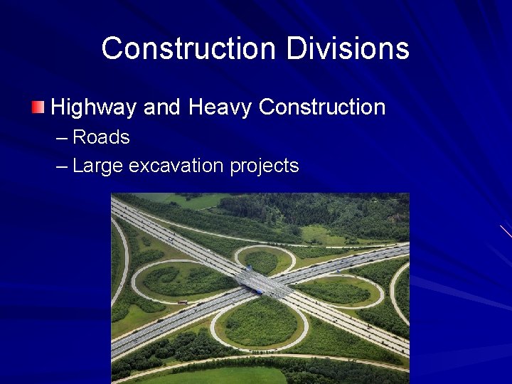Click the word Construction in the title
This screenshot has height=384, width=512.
(188, 48)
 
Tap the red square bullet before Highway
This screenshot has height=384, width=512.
(38, 108)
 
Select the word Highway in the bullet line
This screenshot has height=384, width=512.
(95, 107)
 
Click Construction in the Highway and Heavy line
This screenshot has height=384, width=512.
(321, 107)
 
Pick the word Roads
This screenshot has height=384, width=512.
(101, 137)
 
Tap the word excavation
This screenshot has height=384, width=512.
(177, 166)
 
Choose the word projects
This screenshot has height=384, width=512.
(265, 166)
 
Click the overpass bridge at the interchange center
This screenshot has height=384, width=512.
(263, 283)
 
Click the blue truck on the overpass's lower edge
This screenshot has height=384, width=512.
(260, 292)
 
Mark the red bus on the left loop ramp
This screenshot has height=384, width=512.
(183, 302)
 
